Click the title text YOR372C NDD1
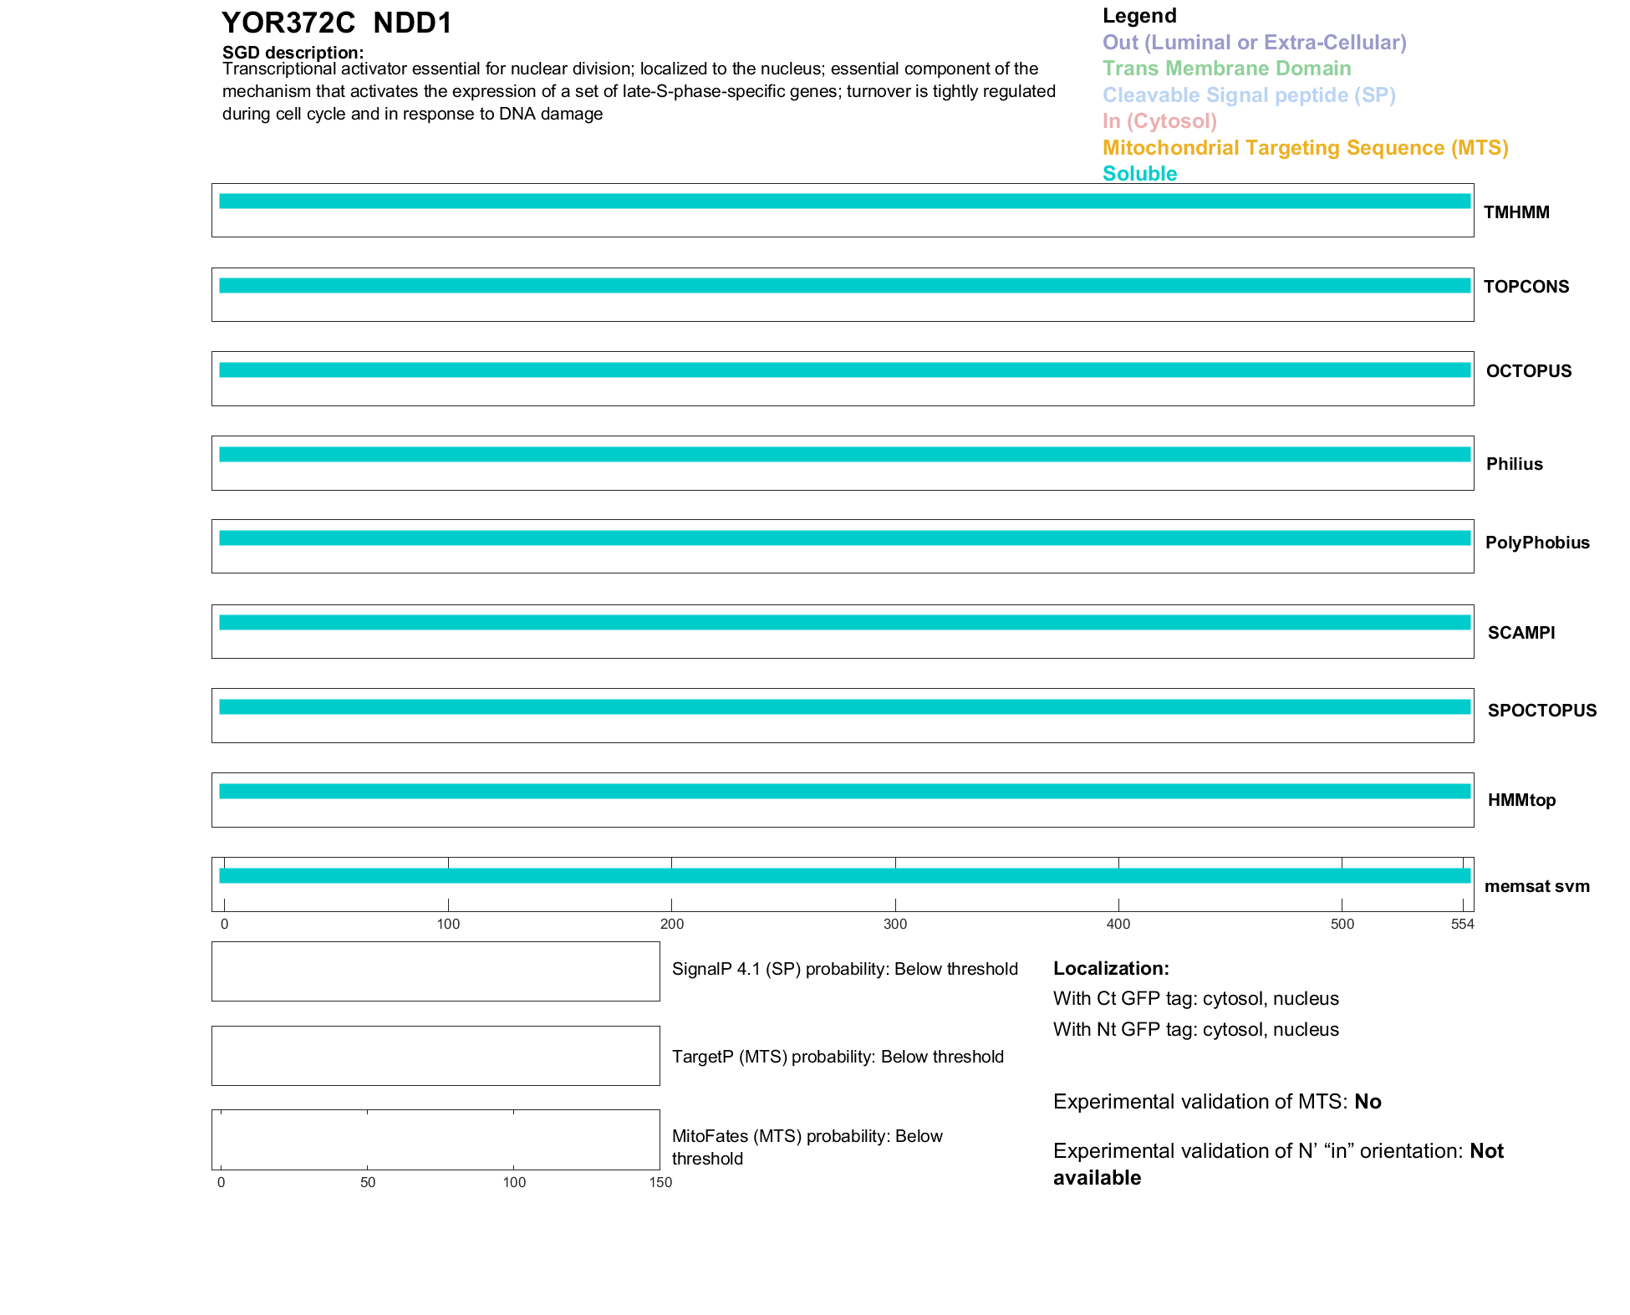(x=336, y=23)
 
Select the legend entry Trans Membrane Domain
(x=1226, y=69)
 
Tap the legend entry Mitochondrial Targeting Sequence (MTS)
(x=1305, y=148)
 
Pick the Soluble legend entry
(x=1139, y=174)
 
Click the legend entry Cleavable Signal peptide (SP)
(x=1249, y=95)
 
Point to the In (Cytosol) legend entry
(x=1159, y=121)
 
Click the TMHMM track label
(x=1516, y=212)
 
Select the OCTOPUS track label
(x=1528, y=371)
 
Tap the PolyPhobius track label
(x=1537, y=543)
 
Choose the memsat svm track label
(x=1536, y=886)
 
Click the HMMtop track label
(x=1521, y=800)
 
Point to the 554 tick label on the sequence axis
(x=1462, y=924)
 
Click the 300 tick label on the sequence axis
(x=894, y=924)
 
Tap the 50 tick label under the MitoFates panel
(x=368, y=1182)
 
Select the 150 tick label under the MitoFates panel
(x=660, y=1182)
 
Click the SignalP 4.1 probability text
(x=844, y=969)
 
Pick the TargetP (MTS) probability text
(x=838, y=1057)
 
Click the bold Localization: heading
(x=1111, y=968)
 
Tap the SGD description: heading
(x=293, y=53)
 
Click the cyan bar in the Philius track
(x=844, y=455)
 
